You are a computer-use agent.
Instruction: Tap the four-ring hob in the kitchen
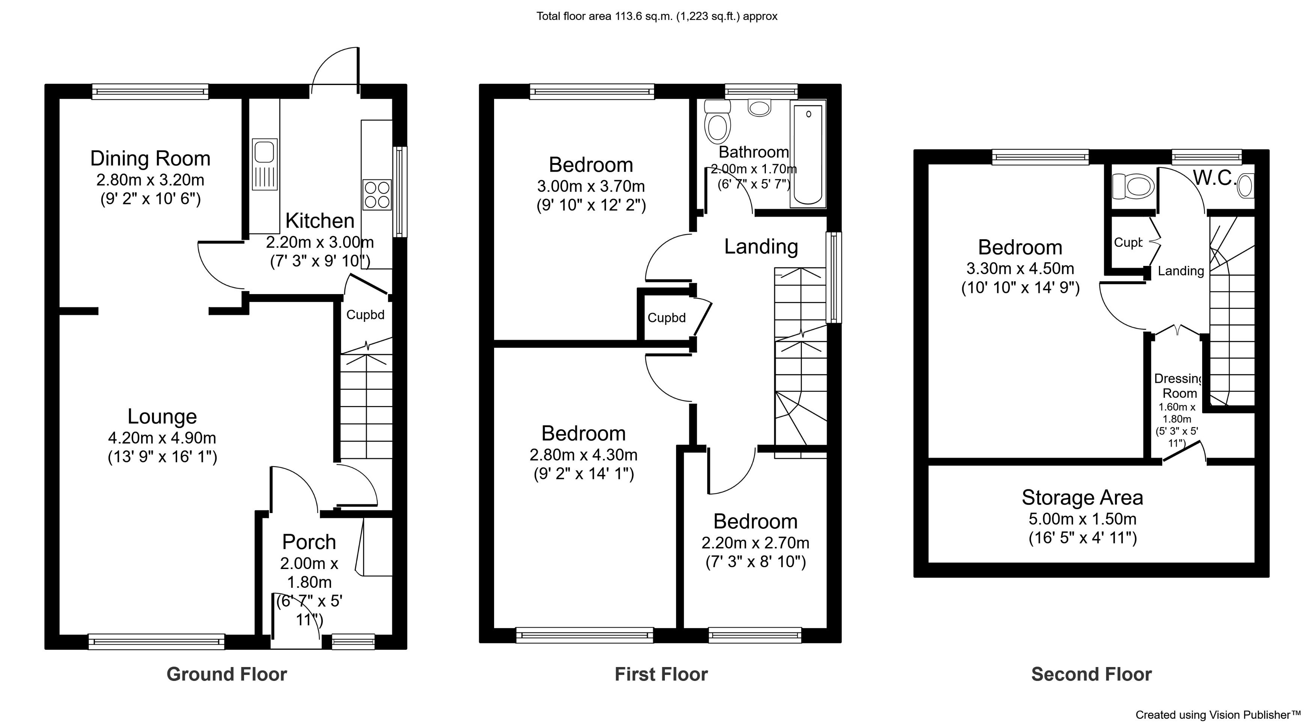377,195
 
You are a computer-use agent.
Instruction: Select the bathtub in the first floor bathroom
808,153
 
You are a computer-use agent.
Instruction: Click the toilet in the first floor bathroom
717,122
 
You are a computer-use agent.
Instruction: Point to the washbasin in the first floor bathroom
759,108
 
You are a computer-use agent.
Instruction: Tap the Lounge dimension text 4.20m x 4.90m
162,438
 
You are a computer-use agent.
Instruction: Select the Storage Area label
1082,497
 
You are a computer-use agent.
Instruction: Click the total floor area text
657,16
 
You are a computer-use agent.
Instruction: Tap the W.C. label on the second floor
1214,178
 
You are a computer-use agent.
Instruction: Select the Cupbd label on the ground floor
365,315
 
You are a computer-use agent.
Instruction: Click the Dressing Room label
1179,386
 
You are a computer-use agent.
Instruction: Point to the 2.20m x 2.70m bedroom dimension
755,543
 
